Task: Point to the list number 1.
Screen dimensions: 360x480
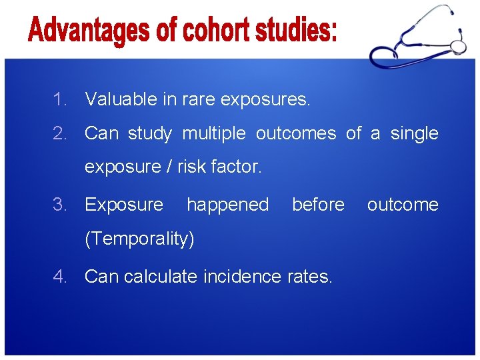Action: pos(60,100)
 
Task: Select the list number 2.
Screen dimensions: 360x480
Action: pos(60,133)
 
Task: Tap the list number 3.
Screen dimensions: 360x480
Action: pos(60,205)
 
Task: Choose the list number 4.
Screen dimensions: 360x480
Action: pos(60,276)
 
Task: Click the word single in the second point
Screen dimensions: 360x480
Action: pos(414,134)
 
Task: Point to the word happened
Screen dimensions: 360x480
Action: pos(227,205)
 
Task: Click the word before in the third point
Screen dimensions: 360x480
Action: pos(318,205)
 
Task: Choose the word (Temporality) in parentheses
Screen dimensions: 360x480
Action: pos(139,239)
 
